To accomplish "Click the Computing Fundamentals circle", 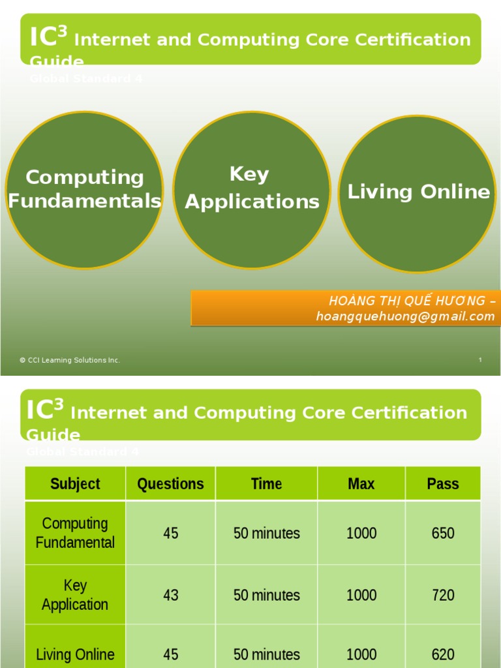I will [83, 189].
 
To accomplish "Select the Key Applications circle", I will [252, 189].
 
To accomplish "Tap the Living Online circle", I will [417, 193].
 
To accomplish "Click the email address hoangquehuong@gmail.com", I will [405, 316].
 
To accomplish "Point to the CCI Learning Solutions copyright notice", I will [70, 360].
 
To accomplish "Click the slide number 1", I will [480, 360].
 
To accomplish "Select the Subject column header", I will [75, 484].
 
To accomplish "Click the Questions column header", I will [170, 484].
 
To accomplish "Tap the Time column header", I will [266, 484].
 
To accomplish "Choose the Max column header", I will [361, 484].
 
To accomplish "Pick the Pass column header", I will [443, 484].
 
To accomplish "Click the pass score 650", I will [443, 533].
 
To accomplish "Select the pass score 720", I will [443, 595].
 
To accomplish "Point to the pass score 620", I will [443, 654].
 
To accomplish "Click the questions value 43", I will [170, 595].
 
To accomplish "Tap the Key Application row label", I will [75, 595].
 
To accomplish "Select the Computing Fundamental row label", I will [75, 533].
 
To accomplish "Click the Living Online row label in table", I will [75, 654].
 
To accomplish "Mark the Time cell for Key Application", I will [266, 595].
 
